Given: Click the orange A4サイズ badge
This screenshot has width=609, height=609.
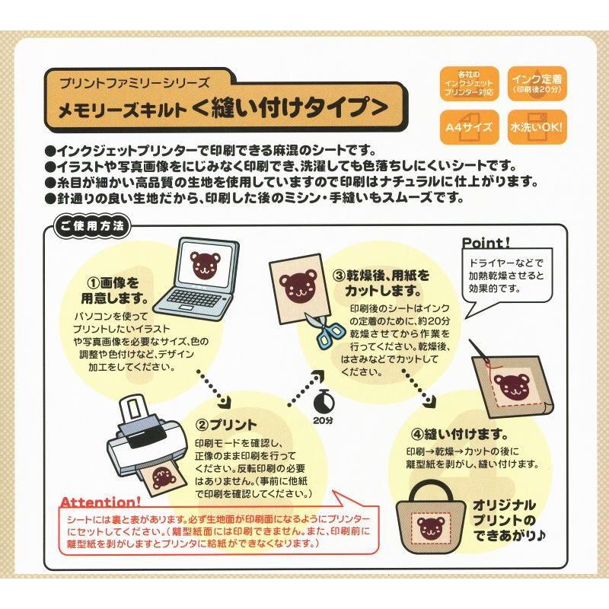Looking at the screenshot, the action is [469, 127].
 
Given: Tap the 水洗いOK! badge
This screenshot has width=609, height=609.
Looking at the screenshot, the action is [537, 127].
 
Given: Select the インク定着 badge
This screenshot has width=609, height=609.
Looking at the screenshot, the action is [537, 84].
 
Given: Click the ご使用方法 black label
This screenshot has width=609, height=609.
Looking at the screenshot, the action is [92, 226].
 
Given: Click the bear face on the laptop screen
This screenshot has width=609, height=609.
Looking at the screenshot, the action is [206, 266].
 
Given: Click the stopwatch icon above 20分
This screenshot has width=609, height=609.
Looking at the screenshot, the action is [323, 402].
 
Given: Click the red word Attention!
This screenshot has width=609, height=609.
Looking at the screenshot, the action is [100, 502].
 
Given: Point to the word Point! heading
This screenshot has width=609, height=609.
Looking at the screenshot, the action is [486, 243].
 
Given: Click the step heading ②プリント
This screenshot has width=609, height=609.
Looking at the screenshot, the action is [225, 425].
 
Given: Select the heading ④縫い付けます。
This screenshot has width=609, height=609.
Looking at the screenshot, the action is [460, 434].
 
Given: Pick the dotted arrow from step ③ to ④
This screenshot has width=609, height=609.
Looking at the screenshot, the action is [417, 388].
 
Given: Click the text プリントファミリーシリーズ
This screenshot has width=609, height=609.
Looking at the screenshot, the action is [135, 83].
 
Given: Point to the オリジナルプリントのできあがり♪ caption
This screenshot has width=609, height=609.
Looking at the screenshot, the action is [509, 521].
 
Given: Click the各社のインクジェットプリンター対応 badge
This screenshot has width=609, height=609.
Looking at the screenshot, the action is [469, 84].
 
